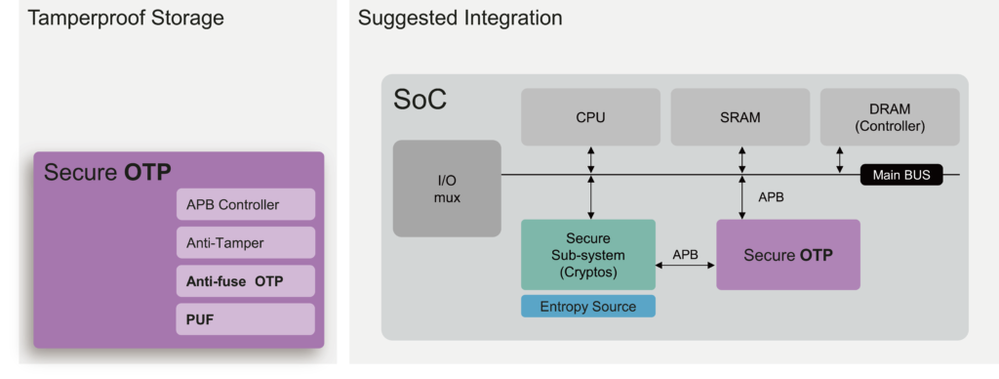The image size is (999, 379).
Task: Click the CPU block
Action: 590,117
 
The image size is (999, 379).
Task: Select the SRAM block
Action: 739,117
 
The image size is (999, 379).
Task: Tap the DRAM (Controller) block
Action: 889,117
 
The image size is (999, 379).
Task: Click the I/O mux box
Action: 447,189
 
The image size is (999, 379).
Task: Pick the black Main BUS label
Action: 900,176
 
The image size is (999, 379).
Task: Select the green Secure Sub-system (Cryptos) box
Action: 587,254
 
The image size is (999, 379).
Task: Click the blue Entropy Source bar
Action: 587,307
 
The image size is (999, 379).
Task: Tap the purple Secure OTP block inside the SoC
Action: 788,255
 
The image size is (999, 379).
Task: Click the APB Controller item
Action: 246,204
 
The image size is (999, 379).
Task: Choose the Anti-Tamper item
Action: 246,243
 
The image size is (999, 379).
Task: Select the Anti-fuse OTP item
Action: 246,281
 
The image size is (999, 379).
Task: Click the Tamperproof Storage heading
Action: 126,19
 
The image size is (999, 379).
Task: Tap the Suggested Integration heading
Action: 460,19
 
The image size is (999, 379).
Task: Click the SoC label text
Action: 420,100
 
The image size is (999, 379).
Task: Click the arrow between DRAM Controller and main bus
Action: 841,161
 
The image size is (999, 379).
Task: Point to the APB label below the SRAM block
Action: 771,197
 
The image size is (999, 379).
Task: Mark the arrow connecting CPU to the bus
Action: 590,161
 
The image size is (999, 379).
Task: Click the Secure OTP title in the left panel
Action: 107,173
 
